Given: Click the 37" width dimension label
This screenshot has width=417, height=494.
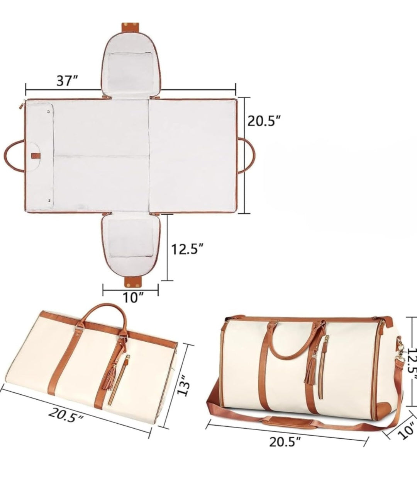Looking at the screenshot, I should [68, 81].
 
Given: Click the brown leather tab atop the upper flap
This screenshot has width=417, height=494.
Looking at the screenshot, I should [131, 28].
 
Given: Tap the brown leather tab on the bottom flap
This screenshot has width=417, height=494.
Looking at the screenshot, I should [131, 282].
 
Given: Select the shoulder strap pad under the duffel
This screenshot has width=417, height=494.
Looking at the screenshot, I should [286, 421].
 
